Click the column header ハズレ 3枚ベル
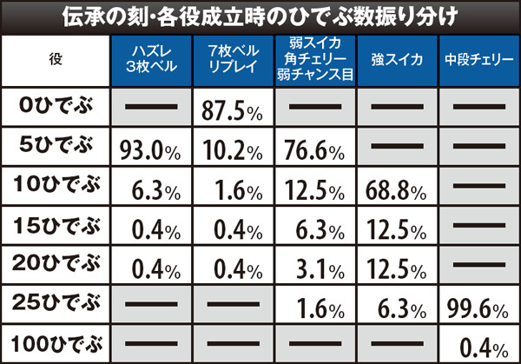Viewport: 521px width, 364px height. tap(149, 60)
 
